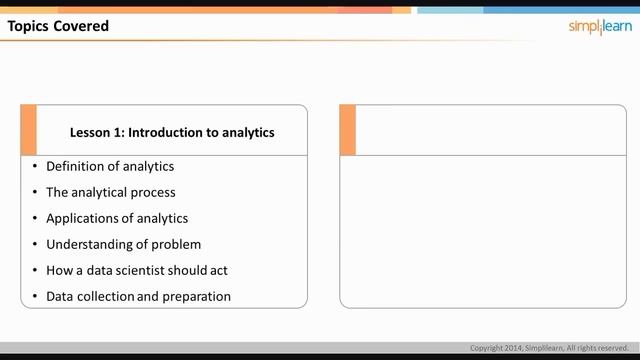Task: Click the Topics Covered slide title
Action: (x=58, y=26)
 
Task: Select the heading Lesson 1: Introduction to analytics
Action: (x=172, y=132)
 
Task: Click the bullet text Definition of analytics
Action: (x=110, y=166)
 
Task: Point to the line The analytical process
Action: (x=110, y=192)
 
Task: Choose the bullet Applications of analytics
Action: (x=117, y=218)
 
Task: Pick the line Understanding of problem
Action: (x=123, y=244)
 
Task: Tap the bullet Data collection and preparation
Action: (x=138, y=296)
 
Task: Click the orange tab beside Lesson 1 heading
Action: (x=28, y=130)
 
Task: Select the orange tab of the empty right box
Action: (x=348, y=130)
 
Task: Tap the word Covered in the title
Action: (x=83, y=26)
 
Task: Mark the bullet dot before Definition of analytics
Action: (x=34, y=166)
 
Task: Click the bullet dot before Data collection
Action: (x=34, y=296)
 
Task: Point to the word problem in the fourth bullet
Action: (x=176, y=244)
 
